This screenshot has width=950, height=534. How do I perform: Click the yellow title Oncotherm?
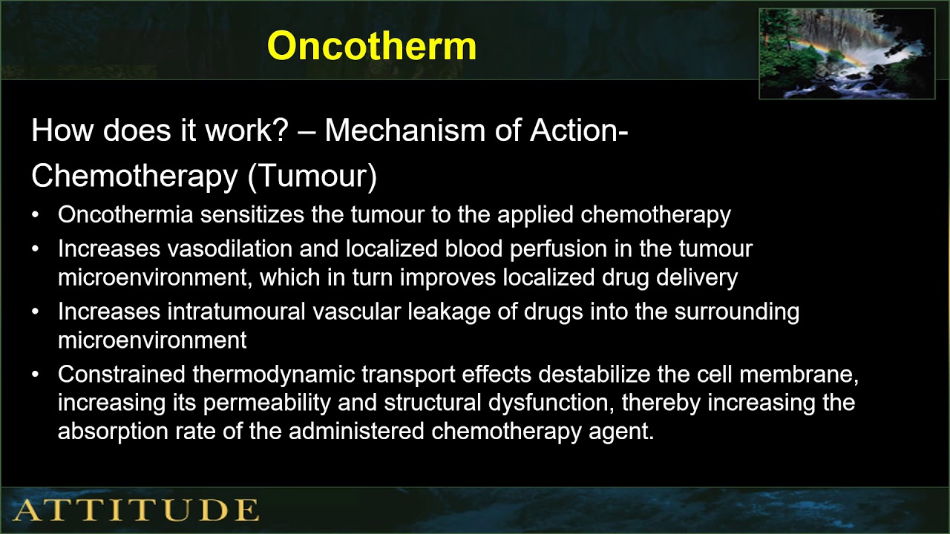(371, 46)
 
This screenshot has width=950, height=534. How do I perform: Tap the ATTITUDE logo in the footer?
(137, 510)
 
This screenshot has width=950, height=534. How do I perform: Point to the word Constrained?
(122, 375)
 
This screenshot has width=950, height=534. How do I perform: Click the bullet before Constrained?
(36, 375)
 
